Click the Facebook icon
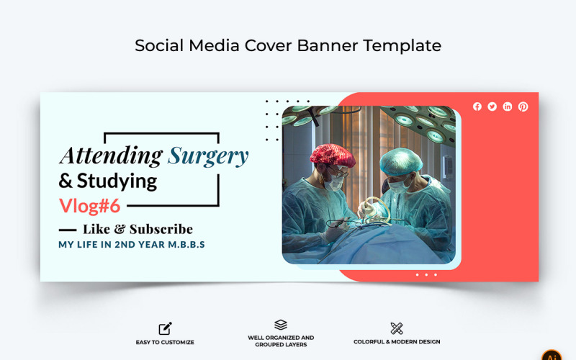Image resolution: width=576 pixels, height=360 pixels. [477, 107]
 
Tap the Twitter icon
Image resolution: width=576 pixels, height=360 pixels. [492, 107]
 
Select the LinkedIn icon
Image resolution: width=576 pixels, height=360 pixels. [508, 107]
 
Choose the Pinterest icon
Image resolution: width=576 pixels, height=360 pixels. [523, 107]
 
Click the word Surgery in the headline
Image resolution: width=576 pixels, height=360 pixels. [208, 156]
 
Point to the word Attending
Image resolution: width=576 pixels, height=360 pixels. [110, 155]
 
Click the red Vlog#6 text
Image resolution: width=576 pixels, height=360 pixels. [89, 205]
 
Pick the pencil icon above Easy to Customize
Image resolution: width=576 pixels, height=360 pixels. [165, 328]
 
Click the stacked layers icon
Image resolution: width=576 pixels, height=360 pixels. [281, 325]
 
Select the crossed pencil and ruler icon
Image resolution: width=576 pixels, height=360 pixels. [397, 328]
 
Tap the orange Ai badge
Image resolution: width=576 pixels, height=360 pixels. [552, 356]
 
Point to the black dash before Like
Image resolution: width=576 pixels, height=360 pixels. [67, 230]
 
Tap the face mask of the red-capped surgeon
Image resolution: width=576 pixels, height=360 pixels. [333, 183]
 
